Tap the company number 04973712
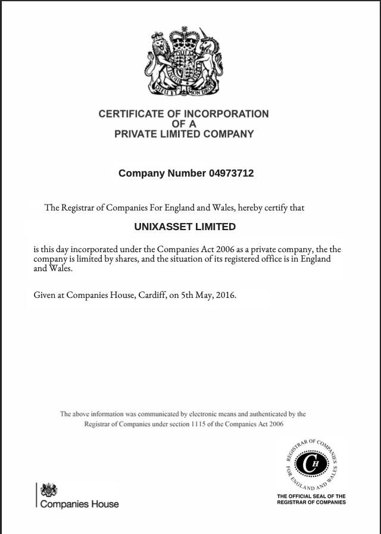tap(231, 174)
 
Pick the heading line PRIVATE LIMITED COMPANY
tap(184, 134)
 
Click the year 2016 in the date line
tap(226, 294)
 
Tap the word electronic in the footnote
tap(205, 414)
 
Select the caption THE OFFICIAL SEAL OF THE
tap(311, 496)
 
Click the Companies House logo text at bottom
tap(79, 504)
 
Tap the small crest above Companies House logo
tap(48, 490)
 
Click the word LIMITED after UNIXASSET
tap(216, 227)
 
